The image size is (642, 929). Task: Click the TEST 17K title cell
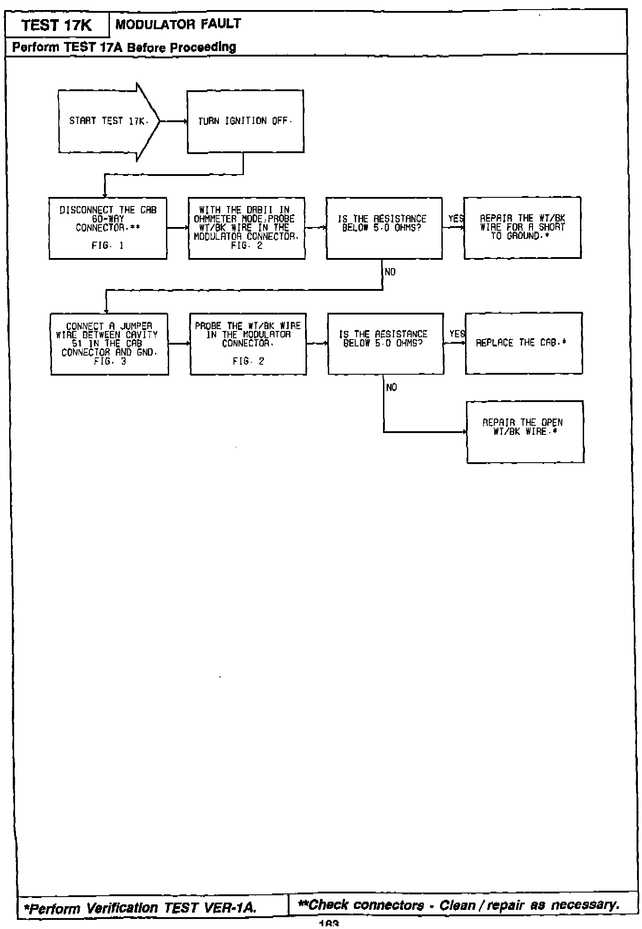click(57, 26)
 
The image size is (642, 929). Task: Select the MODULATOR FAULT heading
click(178, 24)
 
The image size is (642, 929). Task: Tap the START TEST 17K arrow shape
click(107, 121)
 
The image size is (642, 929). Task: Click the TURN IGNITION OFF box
click(245, 121)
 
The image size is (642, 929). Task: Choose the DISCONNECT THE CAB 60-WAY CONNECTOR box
click(108, 228)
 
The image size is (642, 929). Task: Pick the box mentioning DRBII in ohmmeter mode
click(247, 228)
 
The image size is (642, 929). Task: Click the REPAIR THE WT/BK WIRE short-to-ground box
click(522, 227)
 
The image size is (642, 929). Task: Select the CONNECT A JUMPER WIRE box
click(109, 344)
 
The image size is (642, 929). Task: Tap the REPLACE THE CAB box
click(523, 343)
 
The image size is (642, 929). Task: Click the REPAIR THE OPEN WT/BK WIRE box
click(525, 431)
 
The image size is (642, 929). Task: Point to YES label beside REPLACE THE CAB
click(457, 334)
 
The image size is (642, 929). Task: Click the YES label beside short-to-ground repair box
click(456, 219)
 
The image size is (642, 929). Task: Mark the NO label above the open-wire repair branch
click(391, 387)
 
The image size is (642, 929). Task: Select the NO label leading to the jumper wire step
click(390, 272)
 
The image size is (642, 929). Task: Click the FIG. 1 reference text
click(108, 246)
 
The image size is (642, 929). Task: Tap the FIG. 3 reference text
click(109, 361)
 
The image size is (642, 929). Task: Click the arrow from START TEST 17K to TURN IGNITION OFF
click(173, 122)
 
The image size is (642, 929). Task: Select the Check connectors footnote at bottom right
click(459, 905)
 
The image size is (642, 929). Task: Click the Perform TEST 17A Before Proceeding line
click(124, 47)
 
